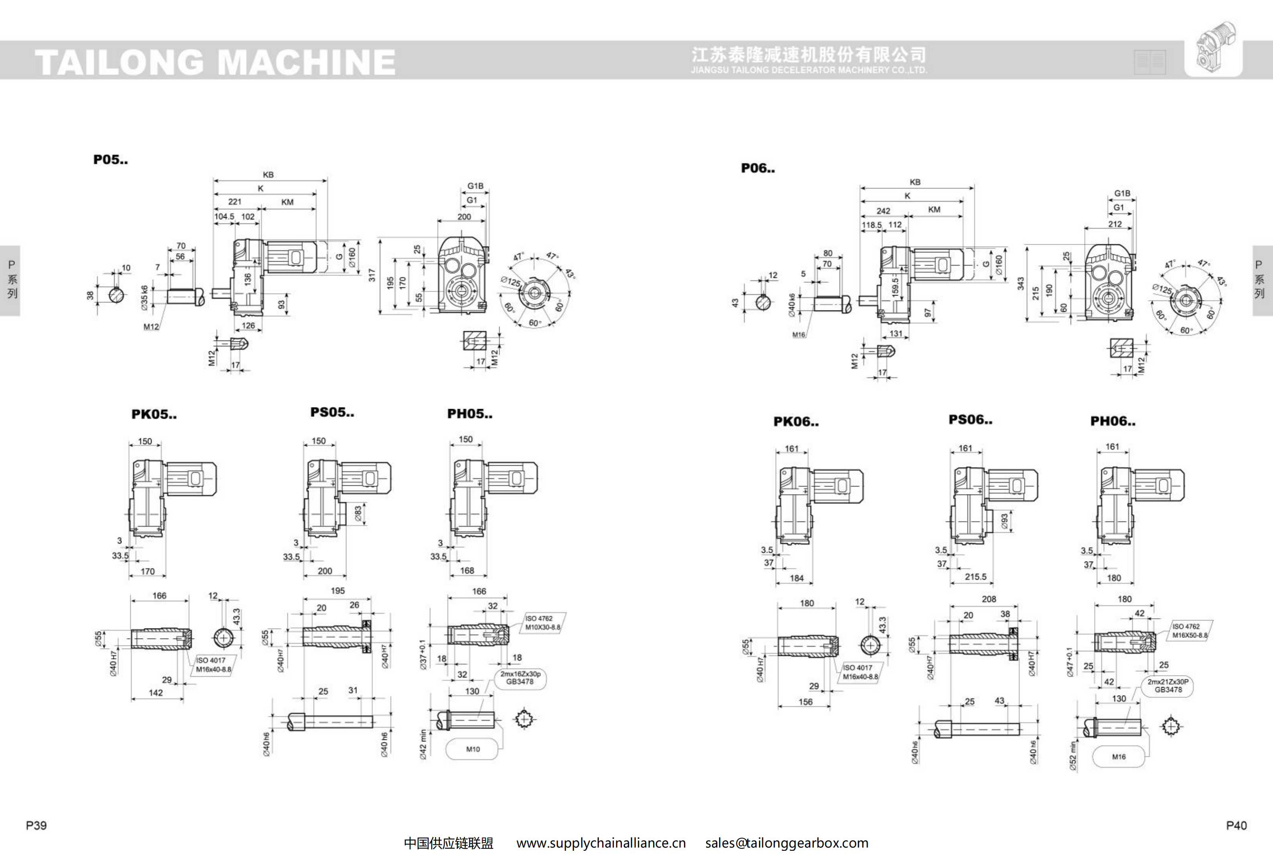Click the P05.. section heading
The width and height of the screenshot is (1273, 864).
tap(111, 160)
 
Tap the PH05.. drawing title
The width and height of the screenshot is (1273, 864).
tap(470, 414)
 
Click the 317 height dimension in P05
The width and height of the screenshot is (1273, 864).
tap(372, 275)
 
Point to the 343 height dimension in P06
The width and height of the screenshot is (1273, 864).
tap(1020, 283)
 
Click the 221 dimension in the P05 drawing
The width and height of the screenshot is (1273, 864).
tap(235, 202)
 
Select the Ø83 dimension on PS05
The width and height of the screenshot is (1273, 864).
tap(358, 514)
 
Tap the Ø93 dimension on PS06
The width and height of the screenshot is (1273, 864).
tap(1004, 521)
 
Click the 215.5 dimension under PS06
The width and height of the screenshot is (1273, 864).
tap(975, 577)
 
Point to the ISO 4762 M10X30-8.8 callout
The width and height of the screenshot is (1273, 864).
tap(542, 623)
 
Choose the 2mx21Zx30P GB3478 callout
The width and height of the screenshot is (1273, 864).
tap(1168, 686)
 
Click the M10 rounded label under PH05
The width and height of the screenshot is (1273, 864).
tap(473, 749)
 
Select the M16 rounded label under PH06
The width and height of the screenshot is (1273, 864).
tap(1119, 757)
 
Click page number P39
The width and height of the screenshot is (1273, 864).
tap(36, 825)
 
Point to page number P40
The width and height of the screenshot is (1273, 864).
tap(1236, 825)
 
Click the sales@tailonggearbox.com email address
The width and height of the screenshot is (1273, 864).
tap(787, 843)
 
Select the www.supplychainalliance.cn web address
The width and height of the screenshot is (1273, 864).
tap(601, 843)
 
